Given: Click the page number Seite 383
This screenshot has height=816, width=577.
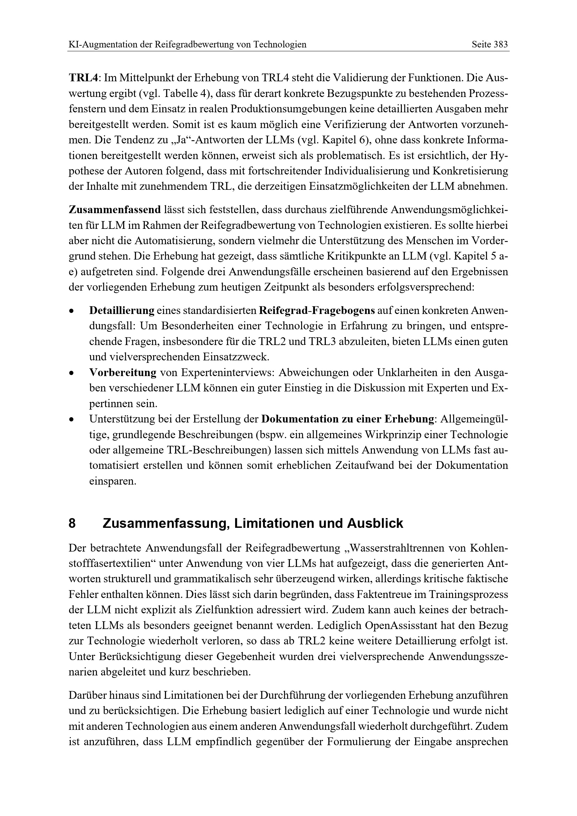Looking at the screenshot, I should [x=489, y=44].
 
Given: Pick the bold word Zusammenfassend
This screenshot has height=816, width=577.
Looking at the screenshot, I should [x=115, y=210].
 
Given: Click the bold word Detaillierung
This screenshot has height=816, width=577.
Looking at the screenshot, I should [x=122, y=310].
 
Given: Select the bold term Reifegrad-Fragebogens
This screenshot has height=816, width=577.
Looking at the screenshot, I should [x=317, y=310].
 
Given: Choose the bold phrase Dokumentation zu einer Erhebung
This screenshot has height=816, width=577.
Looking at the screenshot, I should [x=347, y=419].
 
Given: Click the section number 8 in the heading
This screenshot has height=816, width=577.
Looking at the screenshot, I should [x=72, y=524].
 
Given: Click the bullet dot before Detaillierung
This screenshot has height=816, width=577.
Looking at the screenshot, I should [x=72, y=311].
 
